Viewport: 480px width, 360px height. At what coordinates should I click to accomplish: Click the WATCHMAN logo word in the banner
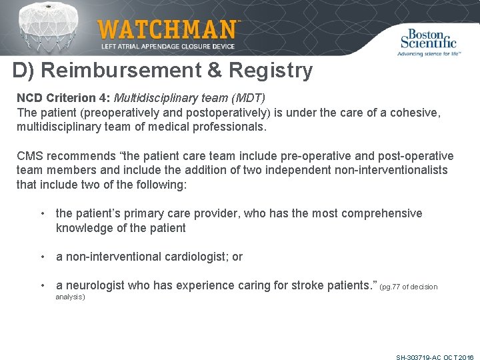(x=167, y=30)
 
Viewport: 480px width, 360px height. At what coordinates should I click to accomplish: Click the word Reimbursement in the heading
(x=119, y=71)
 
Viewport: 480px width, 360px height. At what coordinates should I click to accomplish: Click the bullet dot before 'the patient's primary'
(x=43, y=213)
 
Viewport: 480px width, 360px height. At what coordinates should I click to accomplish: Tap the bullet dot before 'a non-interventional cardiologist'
(x=43, y=257)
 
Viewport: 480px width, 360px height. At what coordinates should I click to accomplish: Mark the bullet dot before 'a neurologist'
(x=43, y=285)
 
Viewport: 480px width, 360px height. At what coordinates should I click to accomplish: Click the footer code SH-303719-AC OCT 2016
(x=435, y=357)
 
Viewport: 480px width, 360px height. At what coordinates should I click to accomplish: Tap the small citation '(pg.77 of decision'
(x=409, y=287)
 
